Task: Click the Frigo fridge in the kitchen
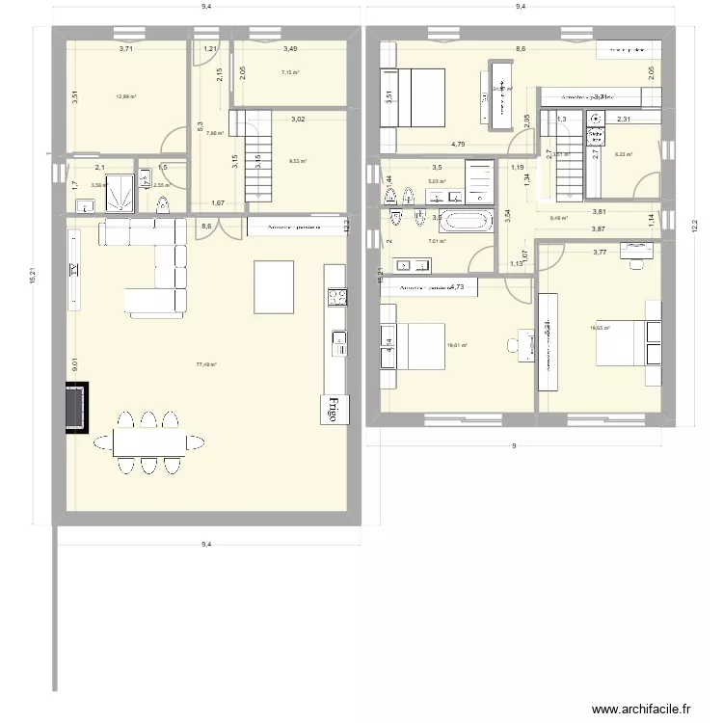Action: (x=334, y=409)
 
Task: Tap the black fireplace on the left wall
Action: (x=76, y=409)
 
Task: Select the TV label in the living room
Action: (x=75, y=272)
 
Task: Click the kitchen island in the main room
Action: (x=274, y=286)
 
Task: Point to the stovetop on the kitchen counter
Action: (x=337, y=297)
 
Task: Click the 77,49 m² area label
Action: (x=206, y=365)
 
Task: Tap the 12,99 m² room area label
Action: (x=125, y=96)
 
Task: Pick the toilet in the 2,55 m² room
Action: (x=162, y=202)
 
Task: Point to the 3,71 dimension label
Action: (x=126, y=49)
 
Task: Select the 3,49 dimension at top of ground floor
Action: (x=290, y=49)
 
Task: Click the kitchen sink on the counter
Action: (x=338, y=337)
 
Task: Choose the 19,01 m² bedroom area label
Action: (x=456, y=344)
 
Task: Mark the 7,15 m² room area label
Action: (x=289, y=72)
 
